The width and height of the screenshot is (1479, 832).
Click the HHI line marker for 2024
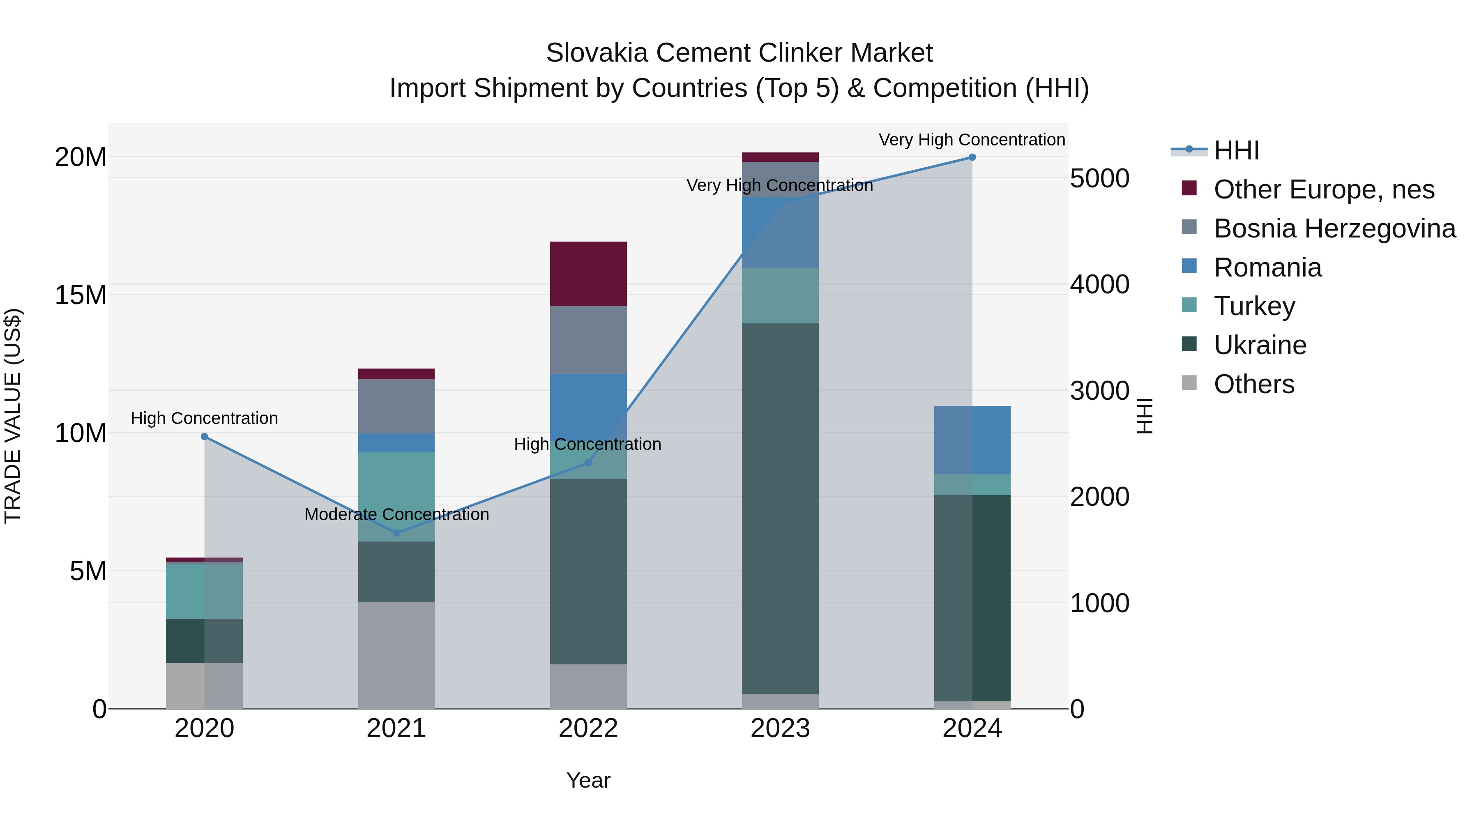pos(972,157)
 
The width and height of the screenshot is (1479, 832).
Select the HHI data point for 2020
pos(205,436)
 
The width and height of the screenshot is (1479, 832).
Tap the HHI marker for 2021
pos(396,533)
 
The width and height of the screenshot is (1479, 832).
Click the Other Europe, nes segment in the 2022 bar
pos(588,274)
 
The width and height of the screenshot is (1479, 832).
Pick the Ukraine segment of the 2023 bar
pos(780,508)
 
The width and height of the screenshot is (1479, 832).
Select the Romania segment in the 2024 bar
pos(972,440)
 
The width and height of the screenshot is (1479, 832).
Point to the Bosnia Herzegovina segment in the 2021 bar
pos(396,406)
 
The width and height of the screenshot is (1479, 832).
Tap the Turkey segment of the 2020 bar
pos(205,591)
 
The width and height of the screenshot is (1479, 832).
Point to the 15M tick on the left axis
pos(81,295)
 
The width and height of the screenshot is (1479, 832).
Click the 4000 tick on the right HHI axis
pos(1099,284)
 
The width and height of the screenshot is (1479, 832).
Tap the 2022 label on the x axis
pos(588,728)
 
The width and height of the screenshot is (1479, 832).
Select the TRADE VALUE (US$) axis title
pos(13,416)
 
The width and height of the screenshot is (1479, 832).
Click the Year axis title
pos(588,780)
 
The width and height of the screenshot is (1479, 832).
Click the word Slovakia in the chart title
pos(597,53)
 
